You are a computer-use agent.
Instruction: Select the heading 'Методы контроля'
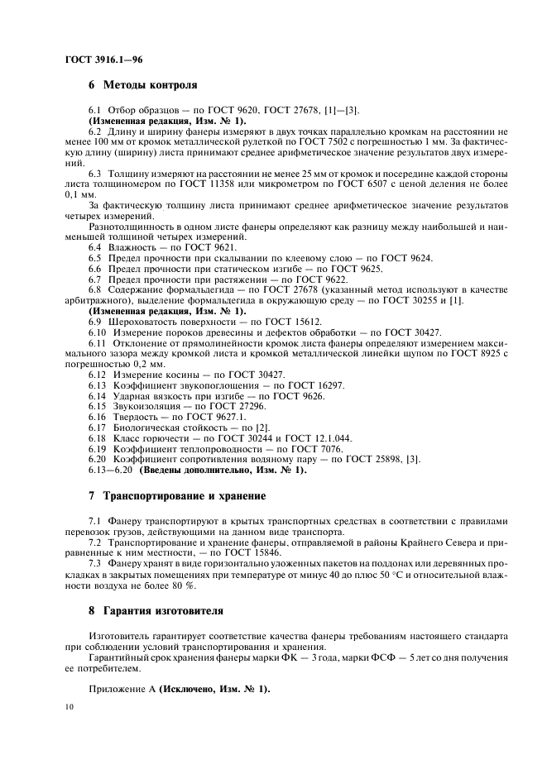click(x=150, y=85)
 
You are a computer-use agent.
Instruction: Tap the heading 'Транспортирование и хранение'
click(x=184, y=496)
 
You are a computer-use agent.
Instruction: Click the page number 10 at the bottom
click(x=69, y=706)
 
